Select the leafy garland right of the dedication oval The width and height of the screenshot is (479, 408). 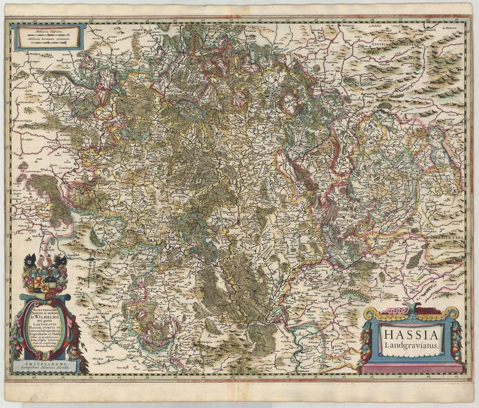click(x=74, y=330)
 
